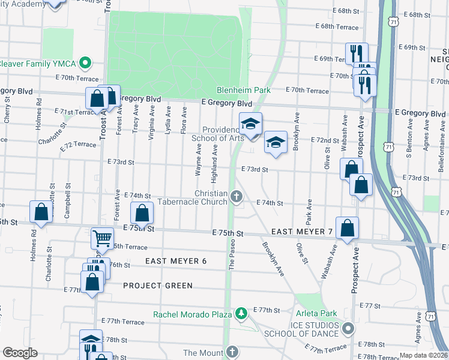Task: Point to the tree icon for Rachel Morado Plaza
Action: click(241, 314)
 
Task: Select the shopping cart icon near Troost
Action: click(102, 238)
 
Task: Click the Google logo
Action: click(20, 352)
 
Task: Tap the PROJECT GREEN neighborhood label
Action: click(158, 286)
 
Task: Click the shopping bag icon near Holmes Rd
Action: click(40, 212)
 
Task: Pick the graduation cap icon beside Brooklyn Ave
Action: click(275, 142)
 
